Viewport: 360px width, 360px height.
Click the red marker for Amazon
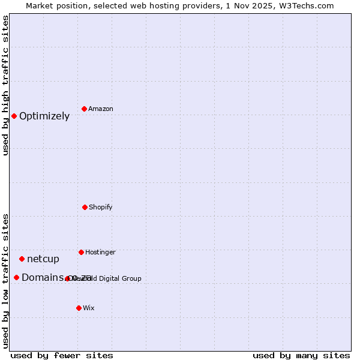click(x=84, y=109)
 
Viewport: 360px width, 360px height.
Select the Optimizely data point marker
click(x=14, y=116)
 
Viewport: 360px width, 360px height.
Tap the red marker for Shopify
click(x=85, y=207)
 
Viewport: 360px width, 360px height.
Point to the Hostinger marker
click(x=81, y=252)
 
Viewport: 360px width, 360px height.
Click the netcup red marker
click(x=22, y=259)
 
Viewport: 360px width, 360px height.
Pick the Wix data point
click(x=79, y=308)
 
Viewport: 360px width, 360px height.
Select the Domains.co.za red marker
click(x=16, y=277)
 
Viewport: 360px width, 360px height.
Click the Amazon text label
click(x=100, y=109)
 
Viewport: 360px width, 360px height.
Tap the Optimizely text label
click(x=44, y=116)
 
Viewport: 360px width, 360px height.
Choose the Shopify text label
click(x=100, y=207)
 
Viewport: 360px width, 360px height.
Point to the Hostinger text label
click(x=100, y=252)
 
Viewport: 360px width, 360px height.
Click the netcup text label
click(x=43, y=259)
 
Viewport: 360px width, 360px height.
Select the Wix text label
click(x=89, y=308)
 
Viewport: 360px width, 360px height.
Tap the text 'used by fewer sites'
click(x=62, y=355)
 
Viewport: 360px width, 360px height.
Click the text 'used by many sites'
click(x=301, y=355)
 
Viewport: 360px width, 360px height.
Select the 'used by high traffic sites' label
click(x=5, y=85)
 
